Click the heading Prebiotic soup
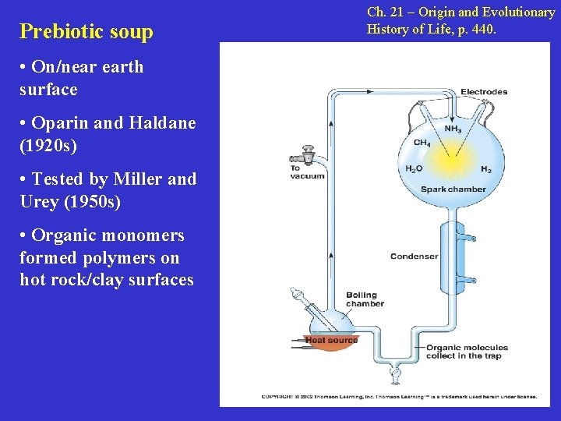click(x=86, y=32)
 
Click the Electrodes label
click(x=483, y=92)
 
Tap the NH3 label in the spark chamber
click(x=453, y=129)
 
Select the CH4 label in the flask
click(x=422, y=143)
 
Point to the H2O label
click(x=415, y=169)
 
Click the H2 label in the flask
click(x=485, y=169)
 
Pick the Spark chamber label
click(x=453, y=189)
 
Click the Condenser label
click(x=414, y=256)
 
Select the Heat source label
click(x=332, y=340)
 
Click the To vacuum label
click(x=307, y=172)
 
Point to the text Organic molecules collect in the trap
click(x=466, y=352)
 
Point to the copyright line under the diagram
click(x=398, y=396)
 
